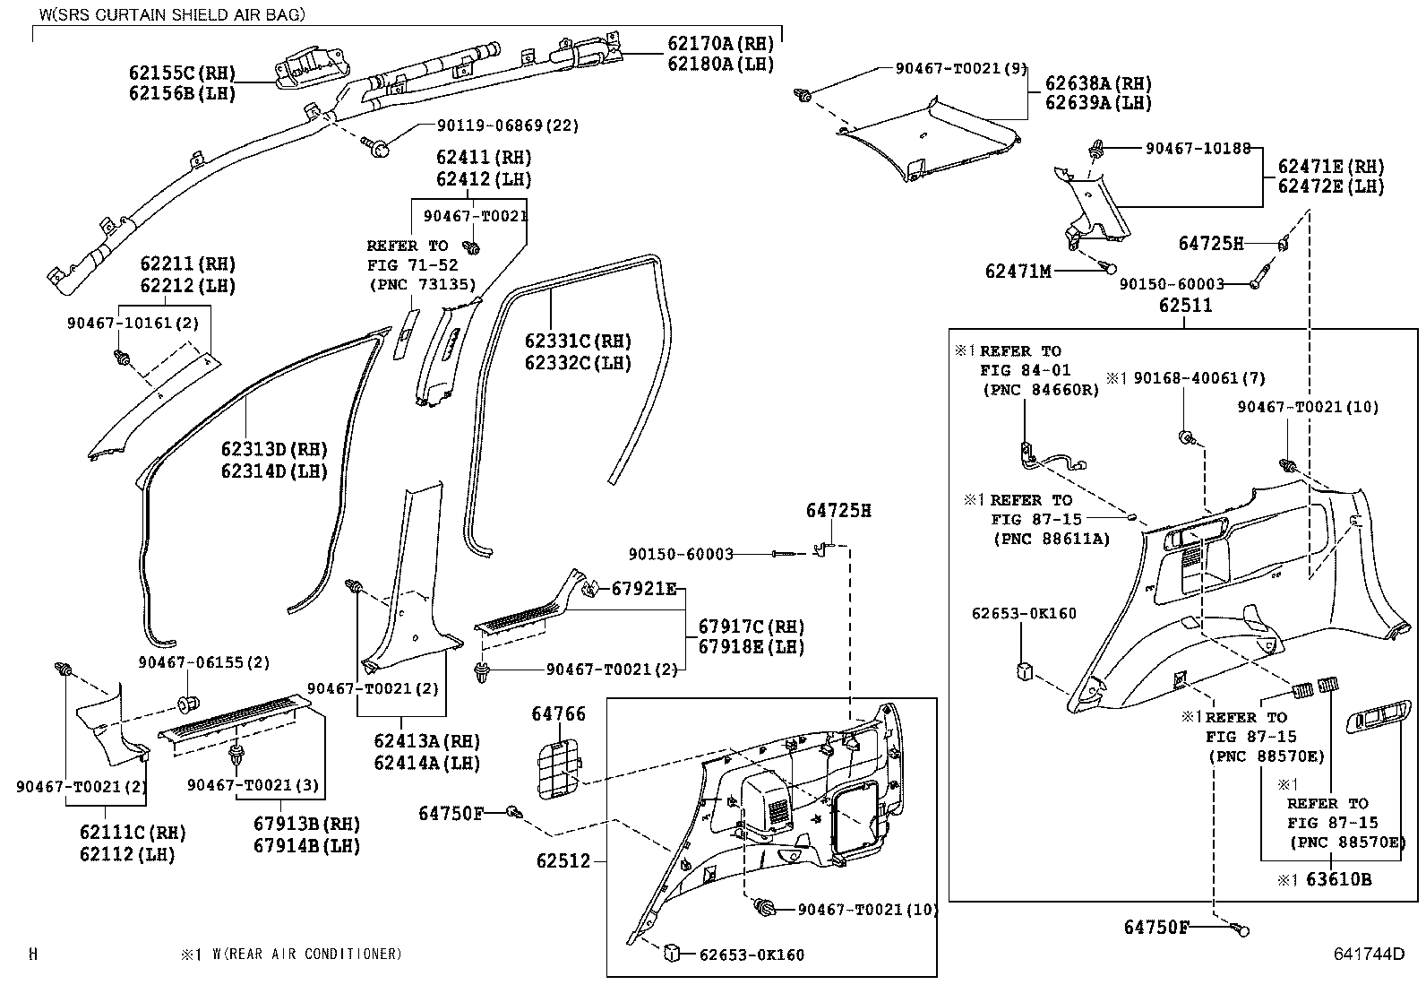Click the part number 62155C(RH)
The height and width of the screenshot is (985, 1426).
point(182,73)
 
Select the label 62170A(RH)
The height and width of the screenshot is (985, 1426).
point(720,44)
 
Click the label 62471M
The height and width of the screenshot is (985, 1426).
point(1018,271)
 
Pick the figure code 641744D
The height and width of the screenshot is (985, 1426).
point(1367,954)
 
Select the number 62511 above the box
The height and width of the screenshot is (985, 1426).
point(1185,306)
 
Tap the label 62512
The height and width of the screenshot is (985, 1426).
point(563,861)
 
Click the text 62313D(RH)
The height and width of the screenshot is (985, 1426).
point(274,449)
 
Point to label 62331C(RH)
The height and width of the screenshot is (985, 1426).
point(578,341)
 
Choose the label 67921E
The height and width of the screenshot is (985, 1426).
point(644,589)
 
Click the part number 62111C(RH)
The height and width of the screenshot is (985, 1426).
point(133,833)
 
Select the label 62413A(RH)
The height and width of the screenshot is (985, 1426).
point(426,742)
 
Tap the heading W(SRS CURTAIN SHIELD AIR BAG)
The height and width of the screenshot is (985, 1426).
point(171,14)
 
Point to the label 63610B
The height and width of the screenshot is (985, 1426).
point(1338,880)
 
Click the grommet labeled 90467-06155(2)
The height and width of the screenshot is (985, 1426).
point(188,700)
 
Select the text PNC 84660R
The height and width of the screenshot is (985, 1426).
point(1040,390)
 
